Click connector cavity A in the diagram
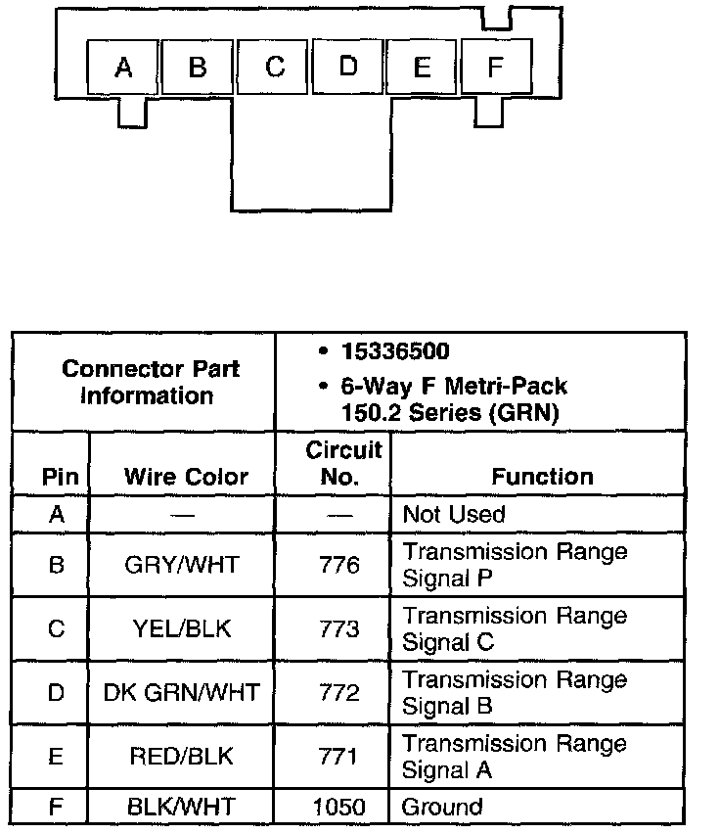tap(123, 67)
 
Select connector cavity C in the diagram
tap(275, 67)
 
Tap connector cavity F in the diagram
tap(495, 67)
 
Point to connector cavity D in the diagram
tap(348, 67)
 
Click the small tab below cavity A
tap(131, 112)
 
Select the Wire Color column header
tap(186, 477)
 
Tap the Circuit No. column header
tap(342, 463)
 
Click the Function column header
tap(542, 477)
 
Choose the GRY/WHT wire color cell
tap(182, 565)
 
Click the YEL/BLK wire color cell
tap(182, 628)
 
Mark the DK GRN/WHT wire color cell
tap(182, 693)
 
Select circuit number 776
tap(339, 565)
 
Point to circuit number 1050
tap(339, 808)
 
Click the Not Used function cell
tap(454, 514)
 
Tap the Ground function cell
tap(442, 808)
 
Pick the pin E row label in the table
tap(56, 757)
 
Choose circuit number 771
tap(339, 757)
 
